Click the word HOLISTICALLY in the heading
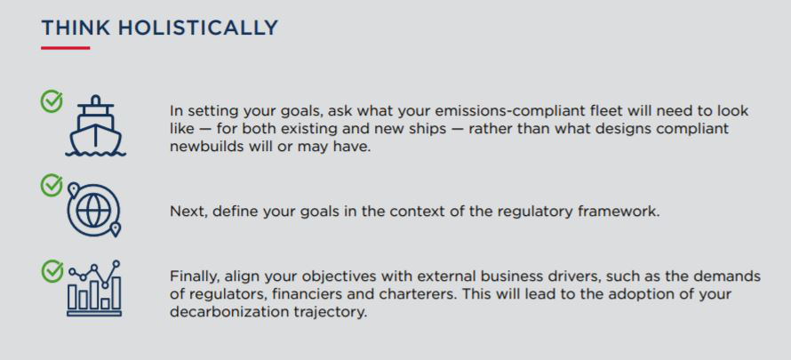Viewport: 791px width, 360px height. click(x=198, y=28)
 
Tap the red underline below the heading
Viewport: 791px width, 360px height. click(x=66, y=48)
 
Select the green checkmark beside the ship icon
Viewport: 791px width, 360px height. click(x=52, y=101)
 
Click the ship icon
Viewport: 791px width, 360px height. click(x=95, y=125)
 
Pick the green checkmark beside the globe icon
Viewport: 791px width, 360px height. click(x=52, y=185)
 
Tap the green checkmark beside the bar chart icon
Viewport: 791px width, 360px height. click(x=52, y=271)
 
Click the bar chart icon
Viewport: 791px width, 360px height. click(x=94, y=288)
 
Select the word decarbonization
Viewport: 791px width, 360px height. click(x=229, y=312)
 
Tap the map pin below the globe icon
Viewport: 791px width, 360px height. click(x=116, y=230)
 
